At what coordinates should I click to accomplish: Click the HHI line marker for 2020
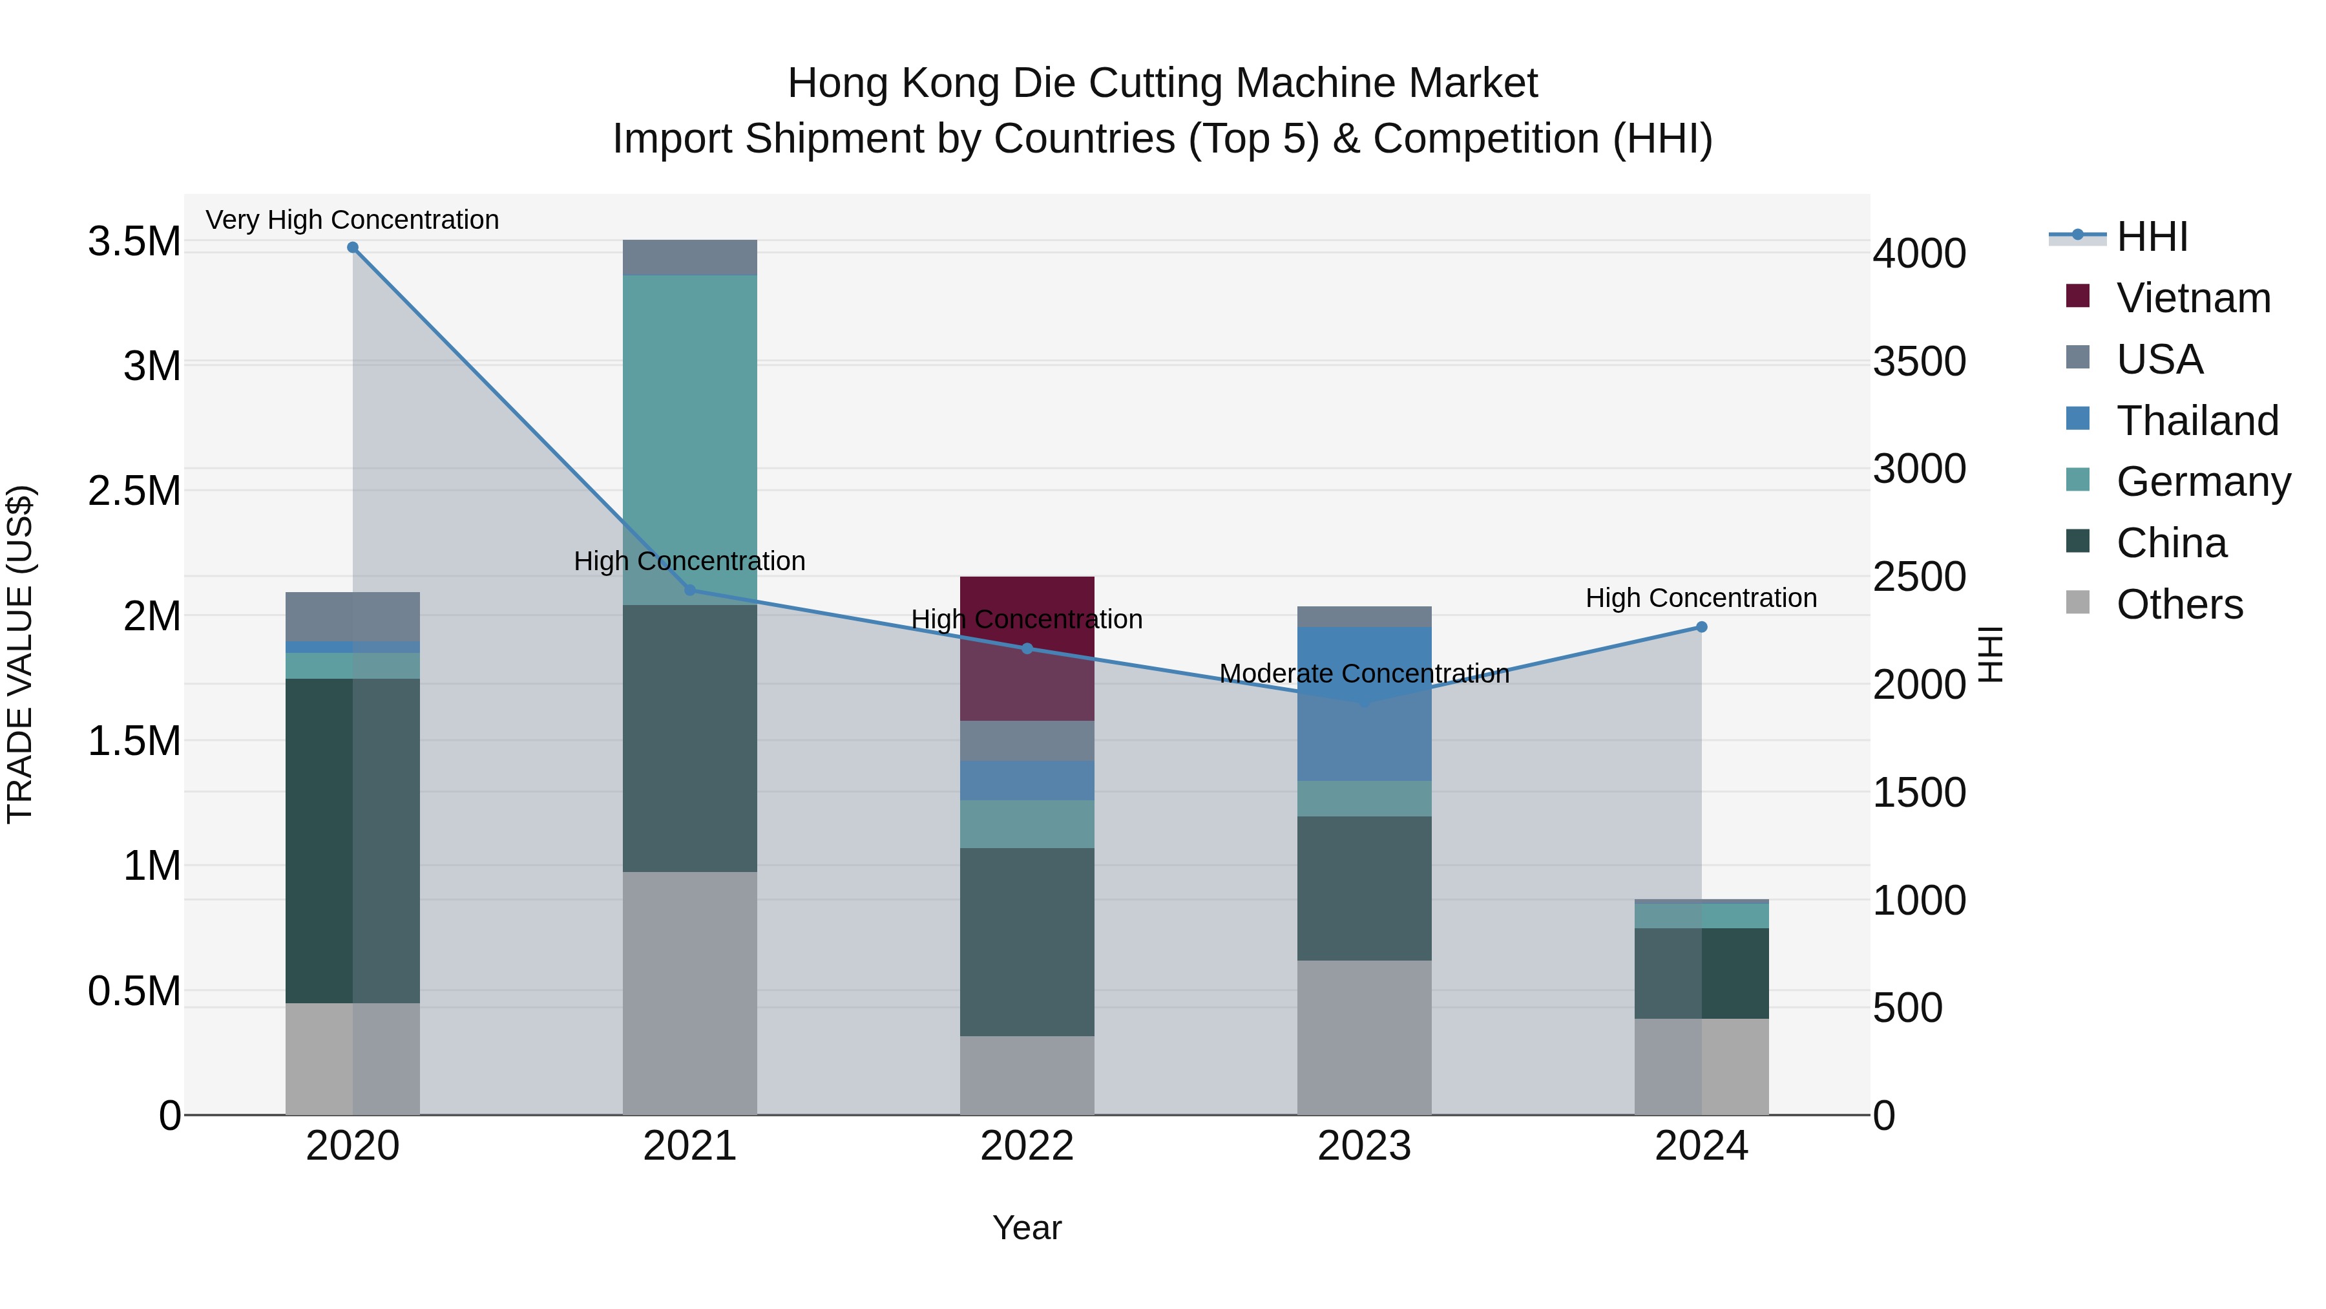point(352,248)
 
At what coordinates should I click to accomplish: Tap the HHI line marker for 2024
point(1701,627)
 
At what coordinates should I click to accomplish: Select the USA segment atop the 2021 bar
point(690,257)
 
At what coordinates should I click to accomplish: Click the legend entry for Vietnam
point(2192,298)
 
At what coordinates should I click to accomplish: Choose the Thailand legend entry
point(2196,421)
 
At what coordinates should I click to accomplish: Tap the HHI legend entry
point(2151,237)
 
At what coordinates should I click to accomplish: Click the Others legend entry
point(2178,604)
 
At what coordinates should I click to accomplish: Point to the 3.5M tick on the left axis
point(134,242)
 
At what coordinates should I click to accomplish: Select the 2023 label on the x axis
point(1365,1146)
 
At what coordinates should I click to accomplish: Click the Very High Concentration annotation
point(352,220)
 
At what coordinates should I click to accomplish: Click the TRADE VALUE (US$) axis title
point(20,654)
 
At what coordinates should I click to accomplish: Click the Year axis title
point(1027,1228)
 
